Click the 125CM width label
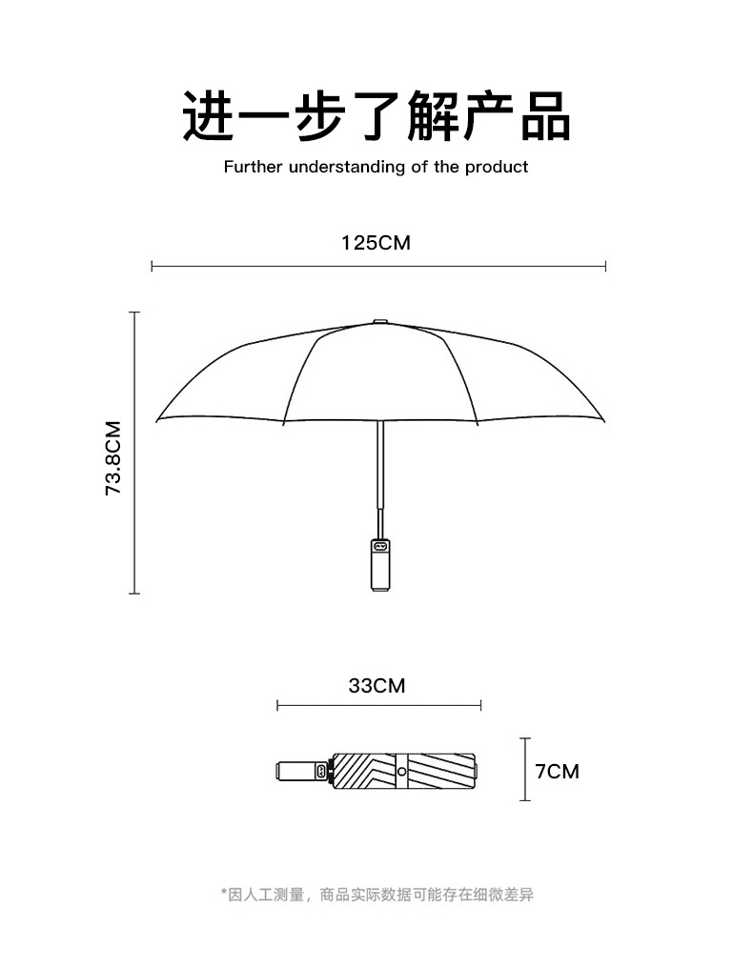coord(376,243)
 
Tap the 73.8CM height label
coord(114,457)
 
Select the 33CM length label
coord(376,685)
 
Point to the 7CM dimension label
coord(557,771)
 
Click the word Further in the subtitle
coord(250,168)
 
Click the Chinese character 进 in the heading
coord(211,116)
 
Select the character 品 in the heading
coord(544,116)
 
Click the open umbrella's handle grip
coord(379,567)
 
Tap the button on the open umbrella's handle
coord(379,547)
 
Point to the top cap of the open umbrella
coord(379,322)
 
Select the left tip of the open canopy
coord(157,419)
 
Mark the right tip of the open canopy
coord(602,419)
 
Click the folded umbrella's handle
coord(297,771)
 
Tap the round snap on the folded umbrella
coord(401,771)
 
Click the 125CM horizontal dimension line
coord(378,267)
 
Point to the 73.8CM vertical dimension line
coord(134,453)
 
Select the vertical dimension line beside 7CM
coord(524,770)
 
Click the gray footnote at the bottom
coord(376,895)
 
